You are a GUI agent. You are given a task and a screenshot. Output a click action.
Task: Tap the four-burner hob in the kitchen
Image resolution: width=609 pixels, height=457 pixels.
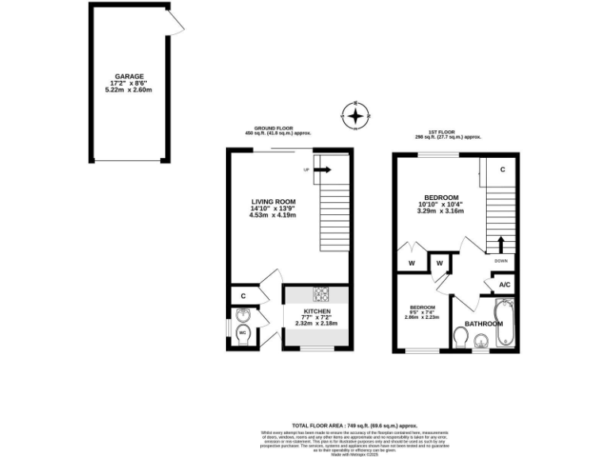pos(322,294)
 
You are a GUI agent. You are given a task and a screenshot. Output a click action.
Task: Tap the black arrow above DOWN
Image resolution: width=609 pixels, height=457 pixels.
pos(500,243)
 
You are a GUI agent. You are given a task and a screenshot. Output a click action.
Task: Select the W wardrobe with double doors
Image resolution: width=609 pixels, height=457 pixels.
pos(412,263)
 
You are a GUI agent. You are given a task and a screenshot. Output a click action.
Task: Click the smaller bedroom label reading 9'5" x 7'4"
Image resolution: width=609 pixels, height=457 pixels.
pos(421,310)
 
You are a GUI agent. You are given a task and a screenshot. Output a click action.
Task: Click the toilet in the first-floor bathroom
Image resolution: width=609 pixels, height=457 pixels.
pos(461,337)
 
